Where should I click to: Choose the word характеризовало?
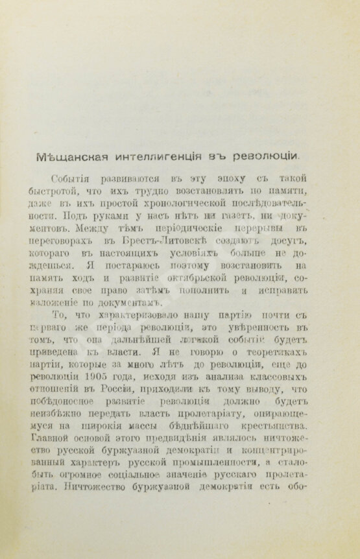point(132,322)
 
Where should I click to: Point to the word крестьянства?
point(286,436)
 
